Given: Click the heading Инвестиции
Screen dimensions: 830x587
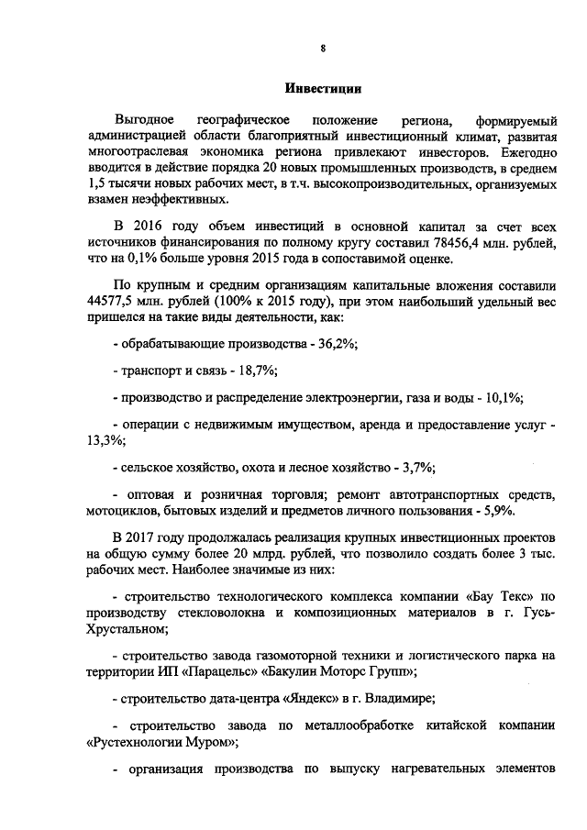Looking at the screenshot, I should click(321, 90).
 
